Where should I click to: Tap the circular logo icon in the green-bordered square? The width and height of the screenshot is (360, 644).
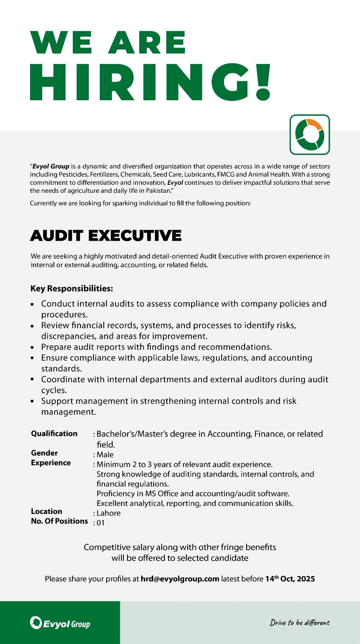pyautogui.click(x=310, y=134)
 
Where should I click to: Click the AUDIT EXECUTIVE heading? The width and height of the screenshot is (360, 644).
pyautogui.click(x=106, y=235)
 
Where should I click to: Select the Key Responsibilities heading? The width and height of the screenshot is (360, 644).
pyautogui.click(x=72, y=289)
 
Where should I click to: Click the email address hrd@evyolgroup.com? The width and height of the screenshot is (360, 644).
pyautogui.click(x=180, y=579)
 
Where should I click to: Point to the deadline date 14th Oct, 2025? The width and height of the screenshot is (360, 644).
pyautogui.click(x=290, y=579)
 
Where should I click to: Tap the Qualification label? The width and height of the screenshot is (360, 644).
pyautogui.click(x=54, y=433)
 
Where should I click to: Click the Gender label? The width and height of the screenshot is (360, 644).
pyautogui.click(x=44, y=453)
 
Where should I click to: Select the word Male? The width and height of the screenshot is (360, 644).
pyautogui.click(x=105, y=455)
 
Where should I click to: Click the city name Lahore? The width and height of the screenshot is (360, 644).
pyautogui.click(x=109, y=513)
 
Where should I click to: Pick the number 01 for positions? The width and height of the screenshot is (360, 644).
pyautogui.click(x=101, y=523)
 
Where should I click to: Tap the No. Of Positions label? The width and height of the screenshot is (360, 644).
pyautogui.click(x=59, y=521)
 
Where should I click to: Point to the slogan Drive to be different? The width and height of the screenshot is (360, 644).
pyautogui.click(x=300, y=623)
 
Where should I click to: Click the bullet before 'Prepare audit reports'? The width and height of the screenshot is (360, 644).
pyautogui.click(x=32, y=347)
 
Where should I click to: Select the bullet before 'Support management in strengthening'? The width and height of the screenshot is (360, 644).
pyautogui.click(x=32, y=401)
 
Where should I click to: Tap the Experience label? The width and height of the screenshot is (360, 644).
pyautogui.click(x=51, y=463)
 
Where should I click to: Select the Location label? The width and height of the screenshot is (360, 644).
pyautogui.click(x=46, y=511)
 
